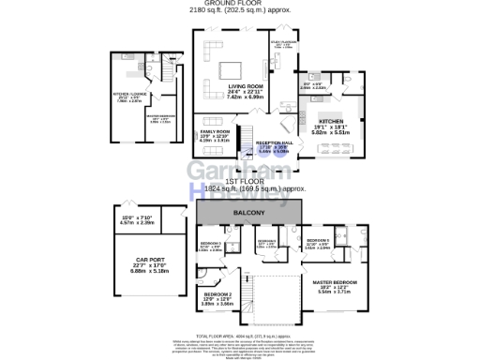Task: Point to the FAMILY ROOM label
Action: point(215,131)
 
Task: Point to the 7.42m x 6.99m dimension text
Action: point(244,98)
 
